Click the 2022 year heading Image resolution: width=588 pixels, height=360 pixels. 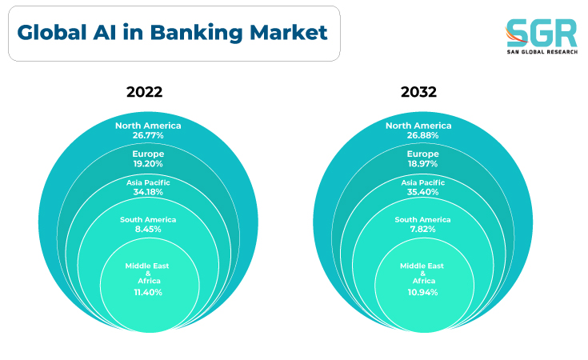point(144,92)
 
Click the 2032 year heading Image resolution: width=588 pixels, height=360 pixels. point(418,92)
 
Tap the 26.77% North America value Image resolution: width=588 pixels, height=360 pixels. point(148,135)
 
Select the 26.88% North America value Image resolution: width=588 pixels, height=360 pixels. point(422,135)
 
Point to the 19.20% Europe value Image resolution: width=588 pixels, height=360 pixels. point(148,164)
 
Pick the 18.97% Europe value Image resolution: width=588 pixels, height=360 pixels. point(422,164)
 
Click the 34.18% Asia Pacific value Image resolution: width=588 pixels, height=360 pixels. point(148,192)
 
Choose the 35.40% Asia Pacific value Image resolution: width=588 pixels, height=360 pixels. point(422,192)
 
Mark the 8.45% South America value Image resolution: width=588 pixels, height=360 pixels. point(148,229)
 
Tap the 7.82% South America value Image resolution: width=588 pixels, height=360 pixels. point(422,229)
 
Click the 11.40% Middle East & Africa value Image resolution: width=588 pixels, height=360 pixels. point(148,293)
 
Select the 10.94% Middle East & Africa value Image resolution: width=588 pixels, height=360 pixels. point(422,293)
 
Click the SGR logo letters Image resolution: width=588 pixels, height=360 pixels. point(542,33)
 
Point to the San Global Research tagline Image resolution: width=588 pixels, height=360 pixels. point(542,52)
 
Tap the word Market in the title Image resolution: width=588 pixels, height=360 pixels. point(288,32)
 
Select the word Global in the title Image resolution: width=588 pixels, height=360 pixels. point(52,32)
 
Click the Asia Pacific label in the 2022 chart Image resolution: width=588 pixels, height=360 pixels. point(148,182)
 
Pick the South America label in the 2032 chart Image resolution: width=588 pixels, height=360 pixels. point(422,220)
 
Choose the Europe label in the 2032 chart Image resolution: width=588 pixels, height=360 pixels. point(422,154)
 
